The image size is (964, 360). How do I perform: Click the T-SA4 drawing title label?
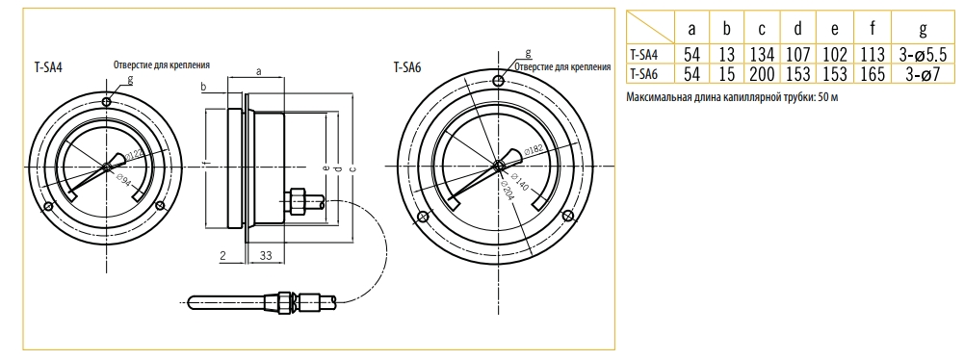[48, 67]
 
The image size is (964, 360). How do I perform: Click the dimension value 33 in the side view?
[266, 256]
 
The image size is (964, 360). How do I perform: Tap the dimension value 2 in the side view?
[222, 256]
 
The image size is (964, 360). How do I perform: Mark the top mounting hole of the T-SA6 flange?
[500, 81]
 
